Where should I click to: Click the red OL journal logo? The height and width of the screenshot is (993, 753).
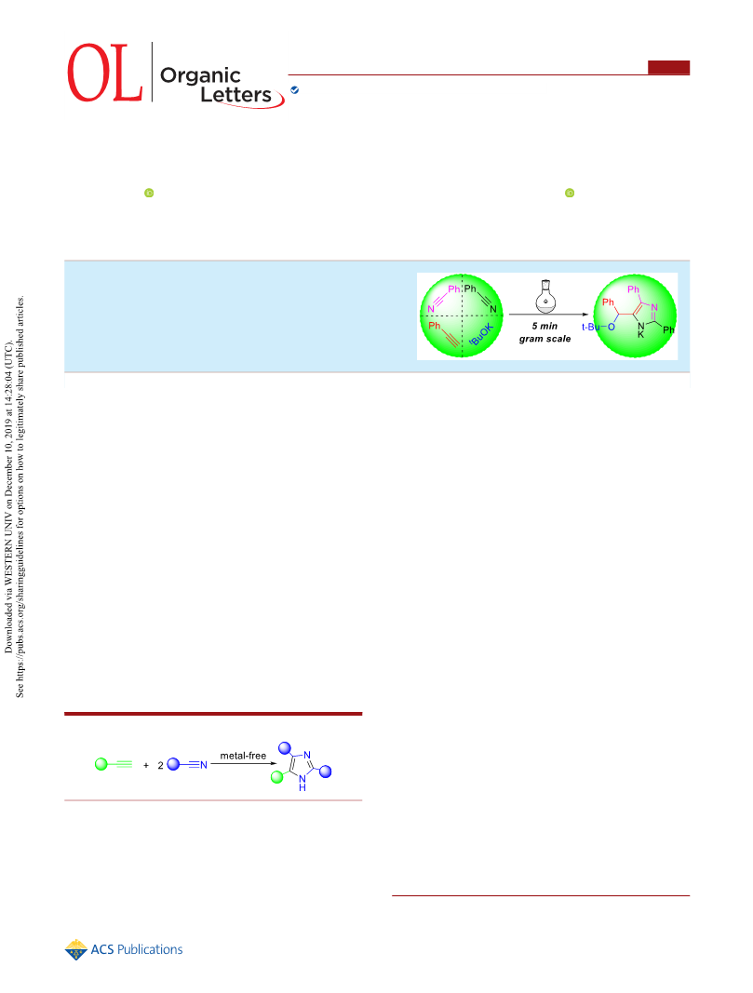click(x=105, y=73)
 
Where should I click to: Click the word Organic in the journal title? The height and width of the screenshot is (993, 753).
click(x=200, y=76)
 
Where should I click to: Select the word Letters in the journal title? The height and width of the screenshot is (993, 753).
click(x=235, y=94)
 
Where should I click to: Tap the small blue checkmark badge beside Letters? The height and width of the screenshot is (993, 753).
click(x=294, y=90)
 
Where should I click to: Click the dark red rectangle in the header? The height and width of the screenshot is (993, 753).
click(x=668, y=67)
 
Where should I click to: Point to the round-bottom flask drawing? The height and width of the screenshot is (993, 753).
click(x=545, y=296)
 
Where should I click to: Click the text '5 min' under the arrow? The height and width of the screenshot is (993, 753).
click(x=545, y=326)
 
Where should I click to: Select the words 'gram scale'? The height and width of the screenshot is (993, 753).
click(x=545, y=339)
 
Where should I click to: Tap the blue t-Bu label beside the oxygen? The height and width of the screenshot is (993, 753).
click(x=590, y=327)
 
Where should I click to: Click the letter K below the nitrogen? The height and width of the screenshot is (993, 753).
click(x=641, y=334)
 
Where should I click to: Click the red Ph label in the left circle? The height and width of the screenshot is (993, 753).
click(x=434, y=326)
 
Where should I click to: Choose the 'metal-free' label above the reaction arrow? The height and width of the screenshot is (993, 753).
click(x=243, y=756)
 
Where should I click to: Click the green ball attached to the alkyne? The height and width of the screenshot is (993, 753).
click(x=101, y=764)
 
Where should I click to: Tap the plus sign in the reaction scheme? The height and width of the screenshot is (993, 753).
click(x=145, y=765)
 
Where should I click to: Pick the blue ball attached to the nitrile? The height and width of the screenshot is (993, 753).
click(x=173, y=764)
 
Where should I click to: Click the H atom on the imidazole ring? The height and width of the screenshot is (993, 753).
click(x=303, y=788)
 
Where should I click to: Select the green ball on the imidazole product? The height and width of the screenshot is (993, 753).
click(x=276, y=777)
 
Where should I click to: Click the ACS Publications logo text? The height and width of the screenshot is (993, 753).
click(x=137, y=949)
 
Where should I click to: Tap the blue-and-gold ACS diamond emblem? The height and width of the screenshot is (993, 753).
click(x=76, y=949)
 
